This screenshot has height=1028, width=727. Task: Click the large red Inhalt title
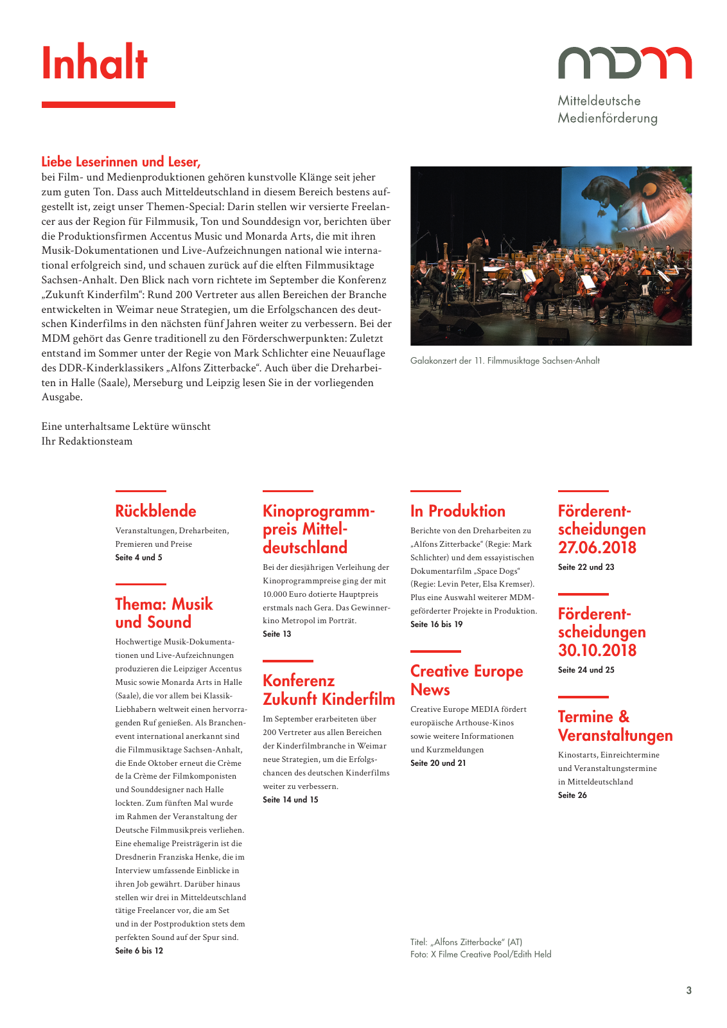(x=94, y=63)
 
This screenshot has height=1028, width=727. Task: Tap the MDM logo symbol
(x=624, y=62)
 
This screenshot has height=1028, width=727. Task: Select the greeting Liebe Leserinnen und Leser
(x=121, y=162)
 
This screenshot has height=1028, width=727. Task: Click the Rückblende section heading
(x=155, y=511)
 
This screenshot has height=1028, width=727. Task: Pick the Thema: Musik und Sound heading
(x=163, y=613)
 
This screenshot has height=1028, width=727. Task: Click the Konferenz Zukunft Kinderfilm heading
(x=328, y=689)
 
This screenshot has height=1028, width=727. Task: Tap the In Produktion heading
(x=457, y=511)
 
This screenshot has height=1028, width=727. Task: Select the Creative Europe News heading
(x=466, y=680)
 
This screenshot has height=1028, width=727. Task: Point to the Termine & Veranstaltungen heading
(x=615, y=726)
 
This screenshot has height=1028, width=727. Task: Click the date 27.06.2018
(x=597, y=547)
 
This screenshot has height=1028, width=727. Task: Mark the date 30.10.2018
(x=597, y=650)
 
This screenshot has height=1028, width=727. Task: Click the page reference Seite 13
(x=277, y=634)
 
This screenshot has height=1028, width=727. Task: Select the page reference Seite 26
(x=572, y=795)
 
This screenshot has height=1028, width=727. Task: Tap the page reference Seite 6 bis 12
(x=139, y=951)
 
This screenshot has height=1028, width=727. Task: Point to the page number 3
(x=688, y=991)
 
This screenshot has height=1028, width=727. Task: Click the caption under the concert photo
(x=505, y=361)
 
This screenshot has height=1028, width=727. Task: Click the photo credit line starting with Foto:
(x=480, y=955)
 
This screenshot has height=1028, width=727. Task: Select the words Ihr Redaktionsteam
(x=87, y=441)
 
